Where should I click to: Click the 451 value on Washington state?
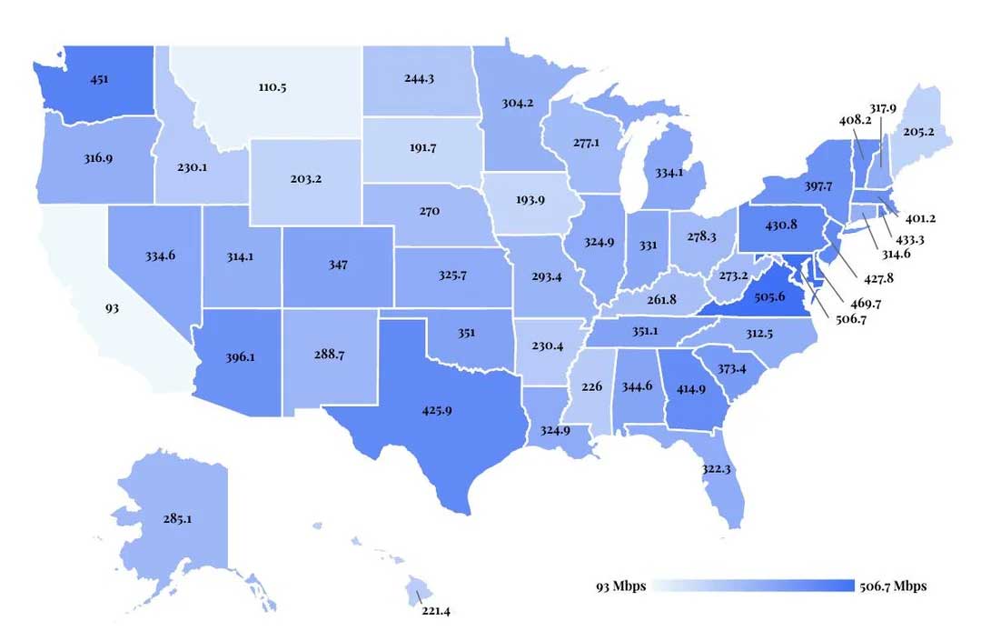tap(99, 79)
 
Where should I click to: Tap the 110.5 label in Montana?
tap(272, 88)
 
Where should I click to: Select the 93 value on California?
tap(112, 308)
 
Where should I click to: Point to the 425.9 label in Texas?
tap(437, 410)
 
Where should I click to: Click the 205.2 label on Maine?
tap(919, 131)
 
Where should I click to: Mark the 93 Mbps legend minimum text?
tap(620, 586)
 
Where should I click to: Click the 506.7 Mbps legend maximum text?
tap(893, 586)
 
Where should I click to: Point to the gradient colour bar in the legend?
tap(753, 586)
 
